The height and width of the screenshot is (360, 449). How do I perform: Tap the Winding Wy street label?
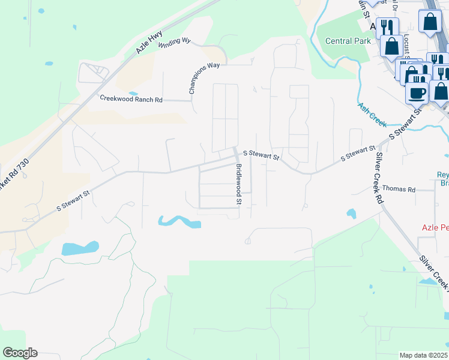point(174,42)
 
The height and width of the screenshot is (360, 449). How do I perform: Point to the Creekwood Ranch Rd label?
point(131,98)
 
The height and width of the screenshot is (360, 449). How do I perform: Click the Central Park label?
point(345,41)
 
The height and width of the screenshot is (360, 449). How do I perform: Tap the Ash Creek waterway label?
point(372,114)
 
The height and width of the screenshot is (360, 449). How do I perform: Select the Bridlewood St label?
point(238,184)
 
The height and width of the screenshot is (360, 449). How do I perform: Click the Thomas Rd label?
point(399,189)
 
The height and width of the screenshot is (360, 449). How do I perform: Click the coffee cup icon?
point(417,93)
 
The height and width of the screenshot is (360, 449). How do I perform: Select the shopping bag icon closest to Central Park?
point(392,46)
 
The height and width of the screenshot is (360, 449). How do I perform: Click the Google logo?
point(20,353)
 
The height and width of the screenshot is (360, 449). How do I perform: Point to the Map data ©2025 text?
point(423,355)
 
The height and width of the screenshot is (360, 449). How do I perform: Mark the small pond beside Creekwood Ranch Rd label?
point(133,94)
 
